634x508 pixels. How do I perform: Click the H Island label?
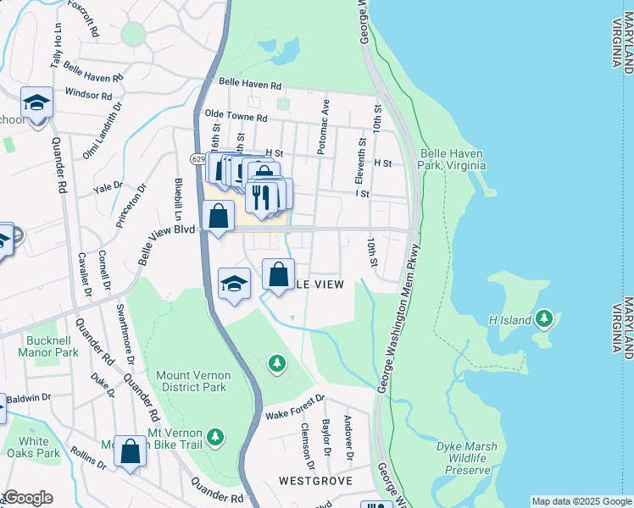tap(510, 320)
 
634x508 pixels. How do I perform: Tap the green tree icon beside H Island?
tap(545, 319)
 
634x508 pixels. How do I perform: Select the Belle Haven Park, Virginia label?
tap(452, 160)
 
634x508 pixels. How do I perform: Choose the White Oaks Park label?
tap(40, 447)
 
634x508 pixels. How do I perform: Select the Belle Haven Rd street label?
tap(249, 85)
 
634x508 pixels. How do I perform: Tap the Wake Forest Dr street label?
tap(295, 407)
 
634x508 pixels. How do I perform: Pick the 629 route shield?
tap(197, 158)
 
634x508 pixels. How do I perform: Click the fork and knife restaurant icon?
tap(262, 196)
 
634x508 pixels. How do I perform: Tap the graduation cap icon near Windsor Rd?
tap(36, 103)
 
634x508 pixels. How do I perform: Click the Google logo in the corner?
tap(28, 498)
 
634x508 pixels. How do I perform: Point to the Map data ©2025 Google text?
tap(581, 501)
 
